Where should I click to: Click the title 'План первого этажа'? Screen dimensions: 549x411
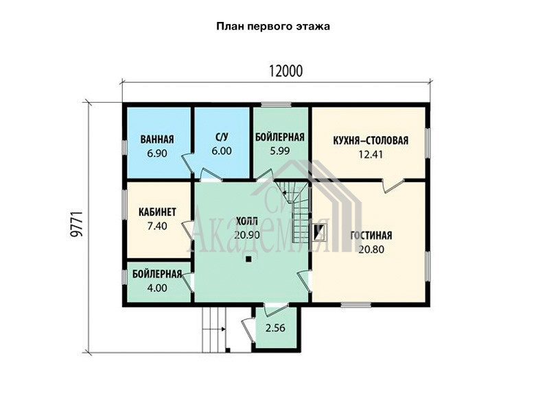[273, 27]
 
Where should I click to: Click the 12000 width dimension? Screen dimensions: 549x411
[285, 71]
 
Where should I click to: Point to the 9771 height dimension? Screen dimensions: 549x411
[76, 224]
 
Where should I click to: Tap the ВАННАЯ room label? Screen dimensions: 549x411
[157, 140]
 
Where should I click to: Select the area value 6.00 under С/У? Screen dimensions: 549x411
[222, 151]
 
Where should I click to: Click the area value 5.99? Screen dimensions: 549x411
[280, 151]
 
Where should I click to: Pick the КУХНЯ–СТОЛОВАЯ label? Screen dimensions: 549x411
[371, 140]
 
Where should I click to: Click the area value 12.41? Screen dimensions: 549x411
[371, 154]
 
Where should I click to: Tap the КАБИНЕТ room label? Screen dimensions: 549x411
[157, 212]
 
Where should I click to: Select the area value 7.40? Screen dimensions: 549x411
[157, 226]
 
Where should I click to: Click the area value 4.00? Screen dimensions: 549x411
[157, 288]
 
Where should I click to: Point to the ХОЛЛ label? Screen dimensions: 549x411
[247, 221]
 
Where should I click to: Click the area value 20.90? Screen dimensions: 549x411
[247, 235]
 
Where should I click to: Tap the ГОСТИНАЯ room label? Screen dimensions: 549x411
[371, 236]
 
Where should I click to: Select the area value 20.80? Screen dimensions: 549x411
[371, 249]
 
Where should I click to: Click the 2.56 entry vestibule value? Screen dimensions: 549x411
[275, 328]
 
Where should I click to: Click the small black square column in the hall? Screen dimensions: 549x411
[248, 259]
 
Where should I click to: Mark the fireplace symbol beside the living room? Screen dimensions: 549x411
[320, 233]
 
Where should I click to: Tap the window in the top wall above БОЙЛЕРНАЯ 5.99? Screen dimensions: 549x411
[277, 105]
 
